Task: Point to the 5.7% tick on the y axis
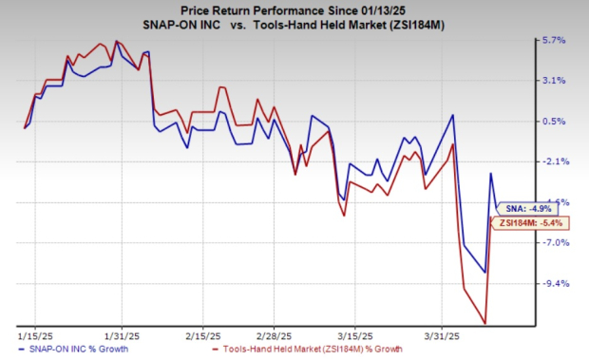(x=553, y=41)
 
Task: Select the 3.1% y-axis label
(x=553, y=81)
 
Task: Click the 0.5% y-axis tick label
(x=553, y=122)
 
